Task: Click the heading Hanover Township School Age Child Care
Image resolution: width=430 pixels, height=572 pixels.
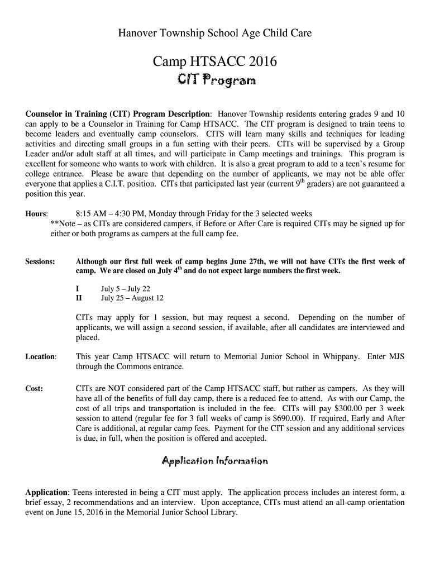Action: [214, 34]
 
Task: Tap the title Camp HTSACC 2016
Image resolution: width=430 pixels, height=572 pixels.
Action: [214, 62]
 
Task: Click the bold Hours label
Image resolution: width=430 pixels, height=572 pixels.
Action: [36, 214]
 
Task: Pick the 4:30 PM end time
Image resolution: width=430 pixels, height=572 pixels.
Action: [128, 214]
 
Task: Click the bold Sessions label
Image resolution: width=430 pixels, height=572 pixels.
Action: [40, 261]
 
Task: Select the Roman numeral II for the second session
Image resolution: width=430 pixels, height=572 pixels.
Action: [79, 298]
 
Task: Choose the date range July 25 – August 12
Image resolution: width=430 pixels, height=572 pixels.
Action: [132, 298]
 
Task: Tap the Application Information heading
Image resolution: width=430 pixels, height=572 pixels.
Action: [215, 461]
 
